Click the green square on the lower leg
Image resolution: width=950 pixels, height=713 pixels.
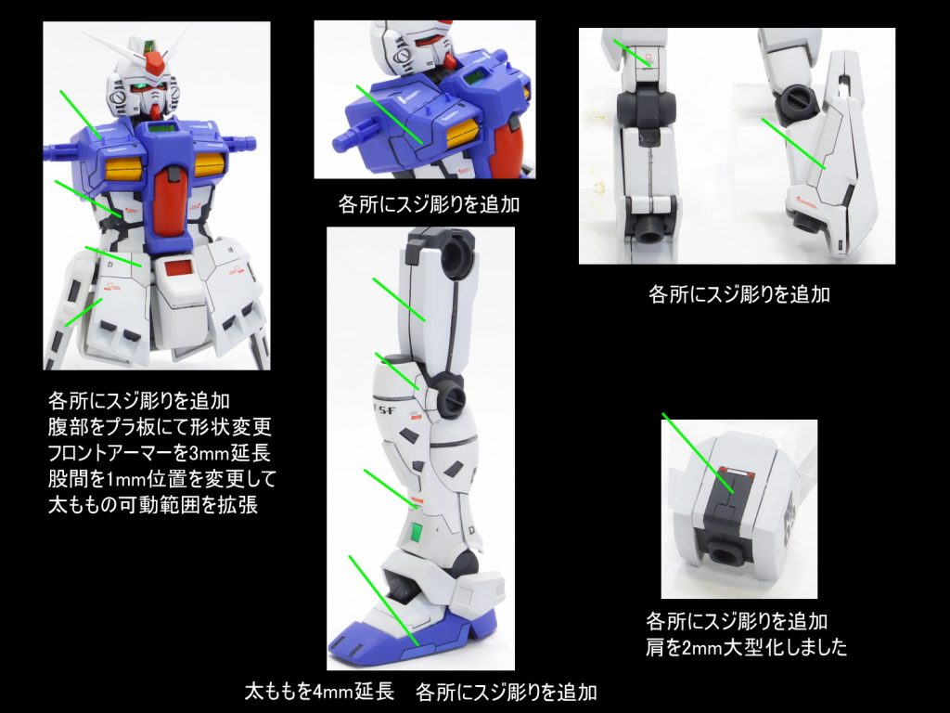[417, 533]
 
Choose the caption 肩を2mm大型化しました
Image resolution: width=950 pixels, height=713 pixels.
[746, 647]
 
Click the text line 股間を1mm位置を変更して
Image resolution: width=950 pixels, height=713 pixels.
[153, 480]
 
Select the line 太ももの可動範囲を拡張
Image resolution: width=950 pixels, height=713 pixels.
[153, 507]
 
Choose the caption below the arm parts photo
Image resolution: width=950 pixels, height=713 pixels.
[738, 295]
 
